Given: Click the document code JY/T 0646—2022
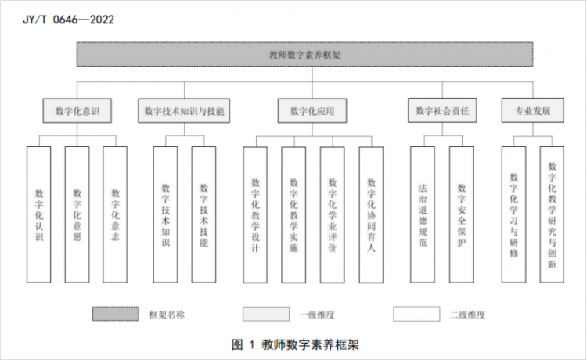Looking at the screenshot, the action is [69, 20].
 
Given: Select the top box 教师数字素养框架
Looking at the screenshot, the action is [304, 55].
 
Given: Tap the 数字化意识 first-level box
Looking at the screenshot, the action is [77, 111].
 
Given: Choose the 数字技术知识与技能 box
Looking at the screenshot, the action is [184, 111].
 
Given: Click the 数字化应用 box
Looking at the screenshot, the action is [312, 111].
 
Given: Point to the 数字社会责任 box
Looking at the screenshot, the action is [442, 110].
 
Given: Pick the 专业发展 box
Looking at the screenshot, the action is [533, 110].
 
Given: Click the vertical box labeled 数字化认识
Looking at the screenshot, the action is [39, 214].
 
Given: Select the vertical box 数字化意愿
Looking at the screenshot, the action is [77, 214].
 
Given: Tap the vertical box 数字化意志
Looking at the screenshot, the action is [115, 214].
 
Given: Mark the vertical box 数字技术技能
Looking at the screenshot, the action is [203, 214].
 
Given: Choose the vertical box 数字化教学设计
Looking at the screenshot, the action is [255, 214].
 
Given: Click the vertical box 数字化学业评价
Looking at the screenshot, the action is [333, 214].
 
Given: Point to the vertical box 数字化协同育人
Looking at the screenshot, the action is [371, 214].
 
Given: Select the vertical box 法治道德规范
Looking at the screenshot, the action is [423, 214].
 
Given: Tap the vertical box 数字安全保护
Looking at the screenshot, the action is [461, 214].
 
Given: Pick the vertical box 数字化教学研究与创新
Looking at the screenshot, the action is [552, 214].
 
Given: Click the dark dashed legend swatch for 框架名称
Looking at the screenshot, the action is [116, 314].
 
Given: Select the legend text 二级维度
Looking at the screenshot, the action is [467, 315].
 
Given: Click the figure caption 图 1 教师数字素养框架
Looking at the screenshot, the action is [295, 344].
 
